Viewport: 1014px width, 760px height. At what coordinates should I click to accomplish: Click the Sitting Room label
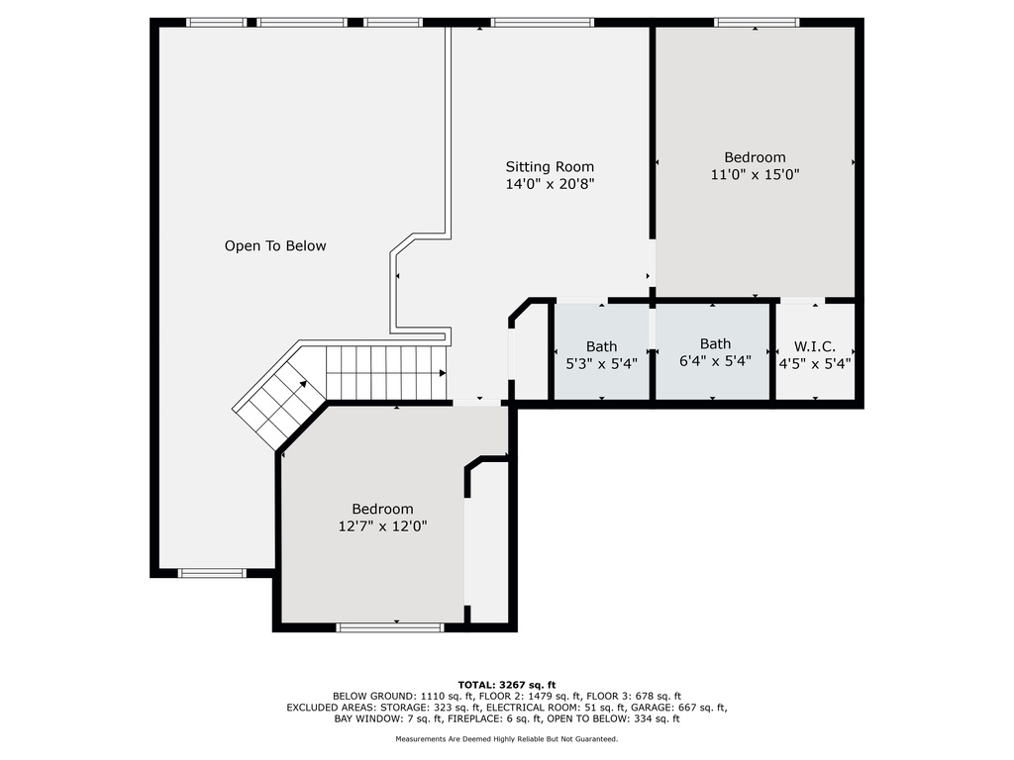point(550,166)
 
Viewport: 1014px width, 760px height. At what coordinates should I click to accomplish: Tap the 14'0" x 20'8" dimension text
point(550,184)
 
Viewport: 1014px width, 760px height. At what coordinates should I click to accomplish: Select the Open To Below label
point(275,245)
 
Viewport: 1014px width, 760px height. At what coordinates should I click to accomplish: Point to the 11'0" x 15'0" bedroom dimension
point(755,174)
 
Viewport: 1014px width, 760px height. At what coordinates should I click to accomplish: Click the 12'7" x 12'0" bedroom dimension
point(383,526)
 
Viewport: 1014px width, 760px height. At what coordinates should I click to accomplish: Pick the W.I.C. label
point(814,347)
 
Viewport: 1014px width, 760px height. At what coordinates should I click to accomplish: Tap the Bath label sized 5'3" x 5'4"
point(601,347)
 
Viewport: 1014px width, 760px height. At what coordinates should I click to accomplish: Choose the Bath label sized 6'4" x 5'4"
point(715,343)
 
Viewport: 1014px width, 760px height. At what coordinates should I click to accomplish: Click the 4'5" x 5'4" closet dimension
point(814,364)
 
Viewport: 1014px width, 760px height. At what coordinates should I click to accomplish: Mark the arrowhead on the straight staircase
point(443,373)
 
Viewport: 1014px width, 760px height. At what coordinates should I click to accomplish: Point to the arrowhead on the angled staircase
point(303,384)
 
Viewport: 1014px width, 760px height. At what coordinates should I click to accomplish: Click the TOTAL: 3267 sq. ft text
point(507,685)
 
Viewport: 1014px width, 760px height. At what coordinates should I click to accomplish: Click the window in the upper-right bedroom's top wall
point(756,23)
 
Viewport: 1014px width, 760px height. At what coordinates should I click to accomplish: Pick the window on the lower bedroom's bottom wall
point(390,626)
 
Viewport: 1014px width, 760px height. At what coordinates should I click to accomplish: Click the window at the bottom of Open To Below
point(212,573)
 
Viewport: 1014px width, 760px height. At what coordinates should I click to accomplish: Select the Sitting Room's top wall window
point(542,23)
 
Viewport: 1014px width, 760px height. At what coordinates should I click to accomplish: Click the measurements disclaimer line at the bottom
point(507,738)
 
